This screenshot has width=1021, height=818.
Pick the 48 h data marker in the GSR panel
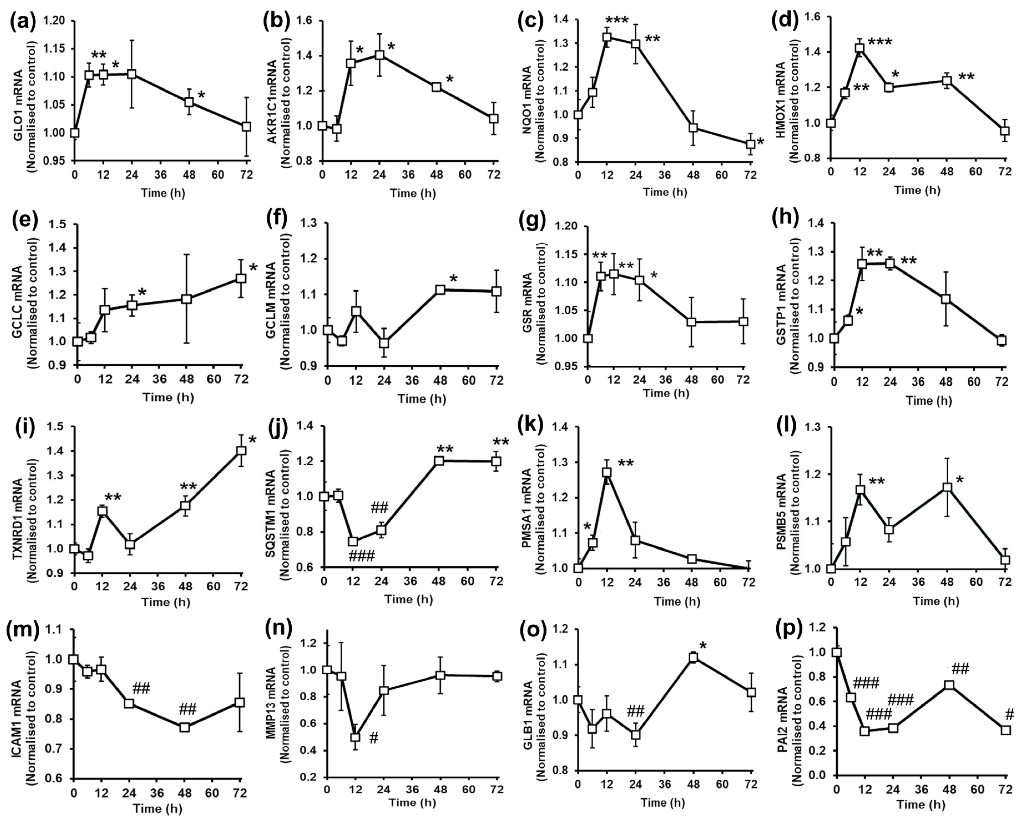(x=691, y=322)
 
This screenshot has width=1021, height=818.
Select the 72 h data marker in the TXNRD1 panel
(x=241, y=451)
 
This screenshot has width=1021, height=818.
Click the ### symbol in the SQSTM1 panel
(x=361, y=556)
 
